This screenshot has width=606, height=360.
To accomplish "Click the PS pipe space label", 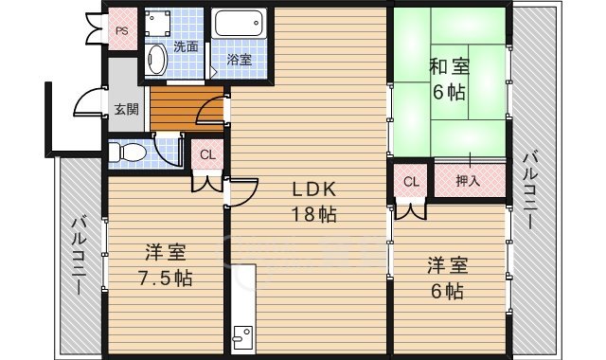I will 122,30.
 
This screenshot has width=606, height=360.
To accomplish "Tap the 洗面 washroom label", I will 186,46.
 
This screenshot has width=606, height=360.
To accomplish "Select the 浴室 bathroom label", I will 240,60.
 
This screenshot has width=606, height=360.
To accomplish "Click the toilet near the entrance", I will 130,152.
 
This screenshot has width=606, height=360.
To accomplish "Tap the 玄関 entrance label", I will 126,108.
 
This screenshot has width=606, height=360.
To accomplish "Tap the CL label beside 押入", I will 411,181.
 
